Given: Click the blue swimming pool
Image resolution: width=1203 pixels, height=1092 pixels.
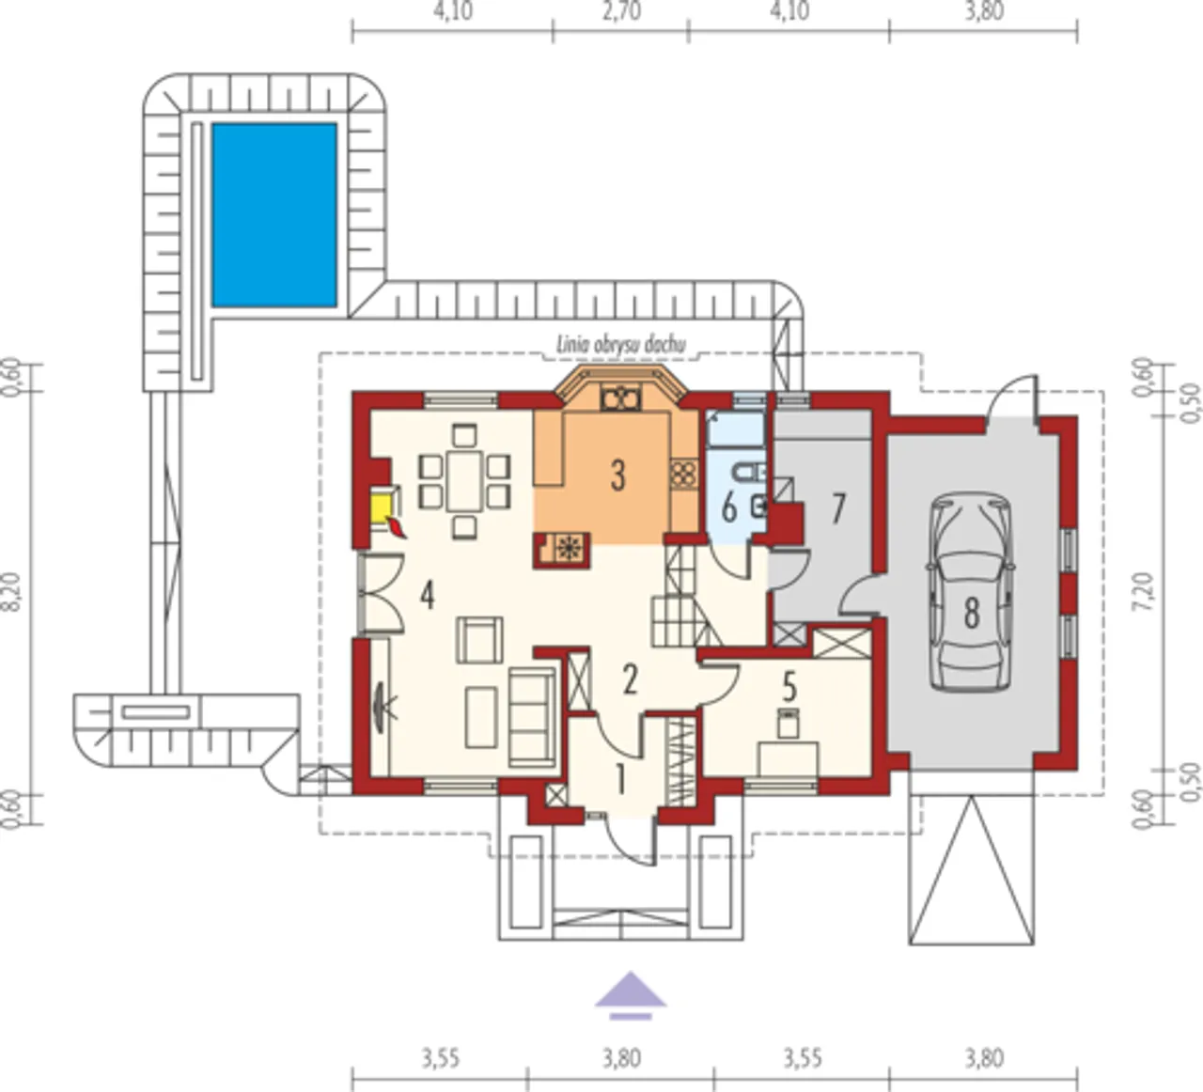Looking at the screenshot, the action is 274,215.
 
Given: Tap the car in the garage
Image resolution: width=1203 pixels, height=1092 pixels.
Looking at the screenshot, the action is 971,591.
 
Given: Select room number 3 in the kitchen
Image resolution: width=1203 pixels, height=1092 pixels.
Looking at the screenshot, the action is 617,476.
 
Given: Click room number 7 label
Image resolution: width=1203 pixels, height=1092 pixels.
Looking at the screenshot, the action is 837,507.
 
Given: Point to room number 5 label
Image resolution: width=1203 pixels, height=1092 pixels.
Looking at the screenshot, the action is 789,687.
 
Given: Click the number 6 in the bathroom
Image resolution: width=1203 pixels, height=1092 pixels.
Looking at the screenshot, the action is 729,507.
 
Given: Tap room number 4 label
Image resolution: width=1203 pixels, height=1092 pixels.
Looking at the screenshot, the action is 427,596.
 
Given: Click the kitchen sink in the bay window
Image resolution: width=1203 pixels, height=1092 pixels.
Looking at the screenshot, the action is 620,398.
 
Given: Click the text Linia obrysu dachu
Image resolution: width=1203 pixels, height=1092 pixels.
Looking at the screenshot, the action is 620,345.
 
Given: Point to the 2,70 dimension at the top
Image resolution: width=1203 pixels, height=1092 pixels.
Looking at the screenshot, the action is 621,10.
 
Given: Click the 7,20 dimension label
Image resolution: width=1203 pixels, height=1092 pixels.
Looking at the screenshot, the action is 1144,592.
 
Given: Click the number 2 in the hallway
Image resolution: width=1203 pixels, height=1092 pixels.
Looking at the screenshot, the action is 630,679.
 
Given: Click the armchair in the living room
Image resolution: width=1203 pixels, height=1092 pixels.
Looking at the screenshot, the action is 479,640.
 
